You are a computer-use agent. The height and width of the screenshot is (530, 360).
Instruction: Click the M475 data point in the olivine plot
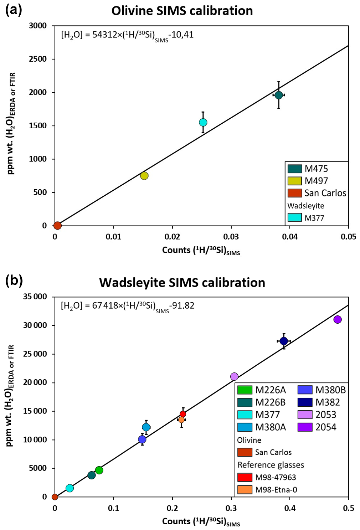click(x=279, y=95)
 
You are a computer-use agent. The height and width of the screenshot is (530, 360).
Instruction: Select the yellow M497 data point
click(x=144, y=176)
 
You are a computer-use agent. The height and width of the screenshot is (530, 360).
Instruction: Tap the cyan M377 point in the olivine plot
click(x=203, y=122)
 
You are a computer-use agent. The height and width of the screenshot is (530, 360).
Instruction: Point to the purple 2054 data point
click(x=338, y=319)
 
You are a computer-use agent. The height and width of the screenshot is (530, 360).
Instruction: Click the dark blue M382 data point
click(x=284, y=341)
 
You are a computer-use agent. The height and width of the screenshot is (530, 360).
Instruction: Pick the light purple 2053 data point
click(x=234, y=376)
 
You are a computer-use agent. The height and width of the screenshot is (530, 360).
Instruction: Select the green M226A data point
click(x=99, y=470)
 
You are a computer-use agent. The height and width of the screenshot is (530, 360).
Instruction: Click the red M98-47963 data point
click(x=183, y=414)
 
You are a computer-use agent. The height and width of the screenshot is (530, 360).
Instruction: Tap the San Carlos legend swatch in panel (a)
click(x=295, y=193)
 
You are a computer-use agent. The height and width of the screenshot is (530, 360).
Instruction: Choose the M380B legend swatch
click(x=305, y=390)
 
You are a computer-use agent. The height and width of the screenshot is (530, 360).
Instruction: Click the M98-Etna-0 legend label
click(x=276, y=490)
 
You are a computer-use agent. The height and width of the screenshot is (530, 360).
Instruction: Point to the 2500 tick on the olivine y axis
click(x=38, y=59)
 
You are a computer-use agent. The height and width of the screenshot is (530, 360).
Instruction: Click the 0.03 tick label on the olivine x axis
click(x=231, y=237)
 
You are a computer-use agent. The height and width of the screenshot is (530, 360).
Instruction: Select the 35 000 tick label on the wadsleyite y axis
click(x=35, y=297)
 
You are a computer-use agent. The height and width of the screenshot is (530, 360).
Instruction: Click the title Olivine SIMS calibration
click(x=182, y=11)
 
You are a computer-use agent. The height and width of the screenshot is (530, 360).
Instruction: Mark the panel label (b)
click(x=14, y=281)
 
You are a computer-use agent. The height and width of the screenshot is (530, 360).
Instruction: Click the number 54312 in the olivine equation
click(x=104, y=35)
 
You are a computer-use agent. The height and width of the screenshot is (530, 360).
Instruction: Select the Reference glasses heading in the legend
click(x=271, y=465)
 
